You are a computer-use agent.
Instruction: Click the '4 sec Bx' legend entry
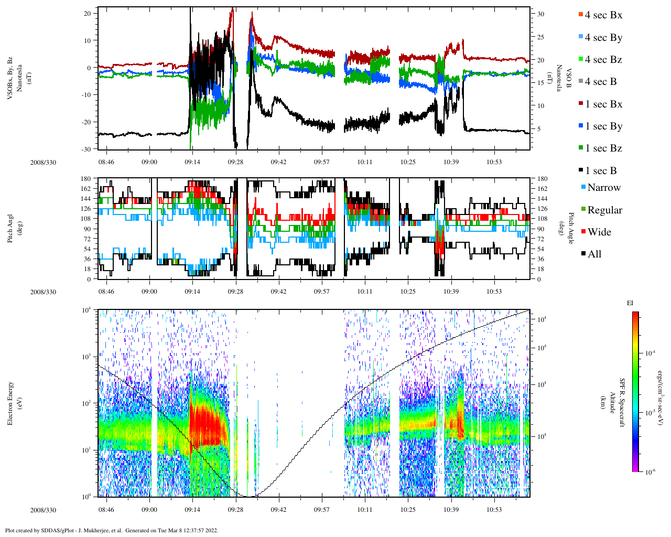(x=603, y=15)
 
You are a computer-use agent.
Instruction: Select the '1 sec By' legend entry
(x=603, y=126)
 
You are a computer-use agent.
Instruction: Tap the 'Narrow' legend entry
(x=603, y=188)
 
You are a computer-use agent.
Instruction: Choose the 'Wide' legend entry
(x=599, y=232)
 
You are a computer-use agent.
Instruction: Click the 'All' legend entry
(x=594, y=254)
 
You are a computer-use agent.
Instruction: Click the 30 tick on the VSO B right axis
(x=541, y=14)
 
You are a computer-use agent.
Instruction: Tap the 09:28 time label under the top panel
(x=235, y=162)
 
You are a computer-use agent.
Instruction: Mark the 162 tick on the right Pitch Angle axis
(x=542, y=189)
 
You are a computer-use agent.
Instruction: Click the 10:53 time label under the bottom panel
(x=494, y=510)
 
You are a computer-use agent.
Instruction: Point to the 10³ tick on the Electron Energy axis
(x=86, y=357)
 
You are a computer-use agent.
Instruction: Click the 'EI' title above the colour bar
(x=630, y=303)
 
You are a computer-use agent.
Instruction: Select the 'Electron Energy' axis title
(x=10, y=403)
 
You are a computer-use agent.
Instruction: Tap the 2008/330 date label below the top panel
(x=43, y=163)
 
